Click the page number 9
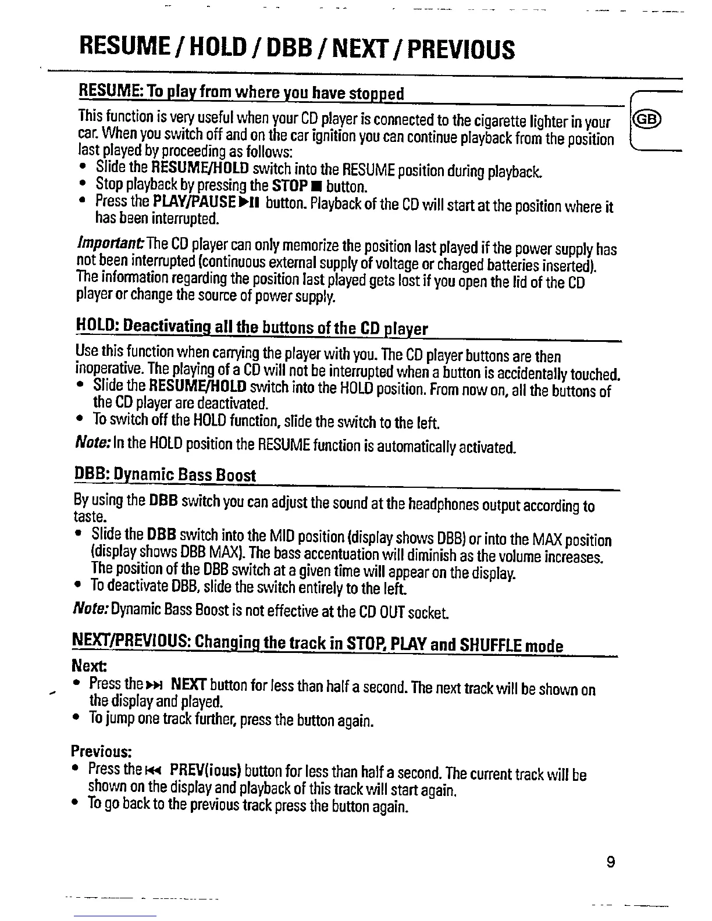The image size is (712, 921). [x=610, y=862]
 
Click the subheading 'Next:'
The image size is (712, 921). [x=84, y=665]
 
